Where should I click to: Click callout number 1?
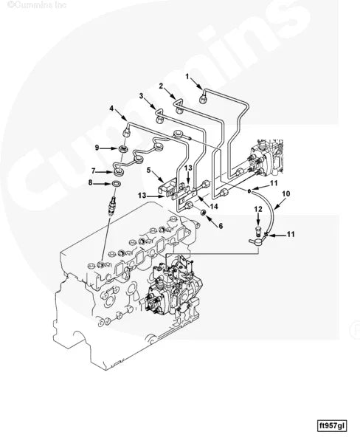click(187, 77)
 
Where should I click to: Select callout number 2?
click(161, 86)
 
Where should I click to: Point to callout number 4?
click(112, 109)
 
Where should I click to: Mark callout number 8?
click(90, 182)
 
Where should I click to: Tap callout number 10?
click(285, 193)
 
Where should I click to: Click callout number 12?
click(258, 210)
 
